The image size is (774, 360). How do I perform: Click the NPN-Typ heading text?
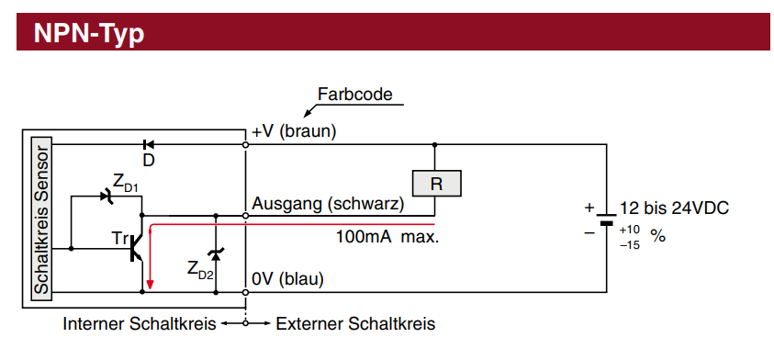(89, 34)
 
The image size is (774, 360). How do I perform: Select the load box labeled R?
(436, 184)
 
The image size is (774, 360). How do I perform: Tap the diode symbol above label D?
(148, 145)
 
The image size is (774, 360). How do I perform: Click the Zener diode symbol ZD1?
(107, 197)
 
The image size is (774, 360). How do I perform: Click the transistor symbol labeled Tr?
(136, 247)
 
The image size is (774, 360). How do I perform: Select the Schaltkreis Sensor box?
(41, 219)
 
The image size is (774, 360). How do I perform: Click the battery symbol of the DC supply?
(606, 219)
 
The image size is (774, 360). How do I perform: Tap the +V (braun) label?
(294, 132)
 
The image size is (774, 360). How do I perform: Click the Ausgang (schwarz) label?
(329, 204)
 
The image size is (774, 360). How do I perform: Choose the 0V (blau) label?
(287, 279)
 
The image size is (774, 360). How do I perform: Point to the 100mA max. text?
(387, 237)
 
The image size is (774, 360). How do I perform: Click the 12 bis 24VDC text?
(674, 208)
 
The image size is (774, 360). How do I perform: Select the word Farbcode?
(355, 94)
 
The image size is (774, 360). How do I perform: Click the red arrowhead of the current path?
(150, 286)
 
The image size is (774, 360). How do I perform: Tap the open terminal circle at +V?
(246, 145)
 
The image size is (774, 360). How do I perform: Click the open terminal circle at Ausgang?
(246, 216)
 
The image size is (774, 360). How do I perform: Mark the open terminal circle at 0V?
(246, 292)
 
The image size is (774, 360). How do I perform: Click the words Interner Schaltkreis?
(140, 324)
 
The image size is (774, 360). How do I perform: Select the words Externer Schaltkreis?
(355, 324)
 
